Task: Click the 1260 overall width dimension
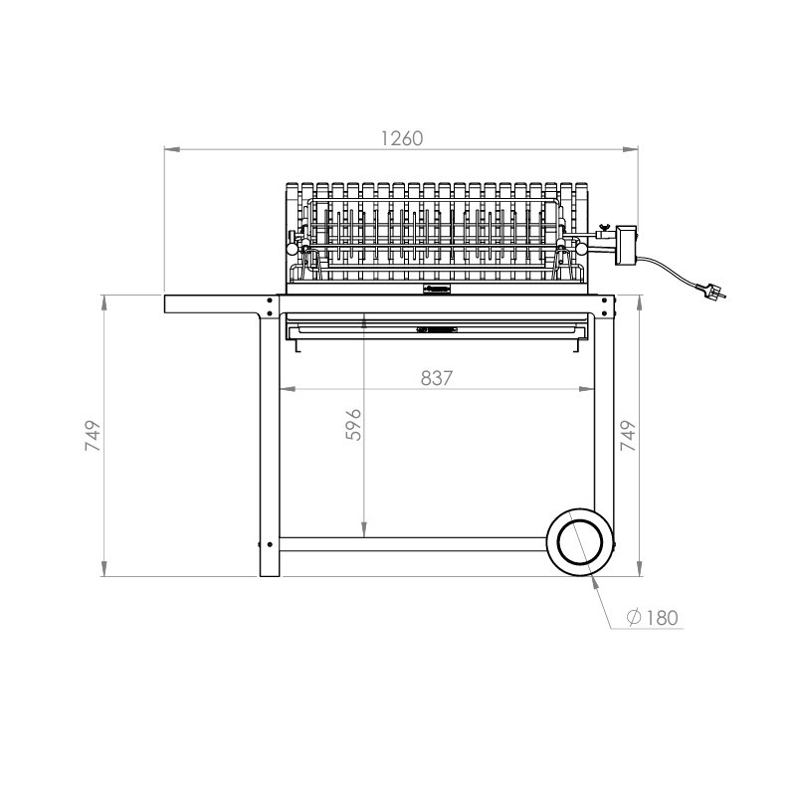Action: pyautogui.click(x=402, y=138)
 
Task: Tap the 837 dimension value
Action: pyautogui.click(x=437, y=378)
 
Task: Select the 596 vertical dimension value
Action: pyautogui.click(x=353, y=425)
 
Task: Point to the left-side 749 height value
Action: pyautogui.click(x=93, y=436)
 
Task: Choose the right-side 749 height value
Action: pyautogui.click(x=628, y=436)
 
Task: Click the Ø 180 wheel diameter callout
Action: pyautogui.click(x=653, y=618)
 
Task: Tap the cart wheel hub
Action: pyautogui.click(x=580, y=541)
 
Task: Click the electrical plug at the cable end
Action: pyautogui.click(x=711, y=292)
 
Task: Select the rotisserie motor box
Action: pyautogui.click(x=626, y=245)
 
